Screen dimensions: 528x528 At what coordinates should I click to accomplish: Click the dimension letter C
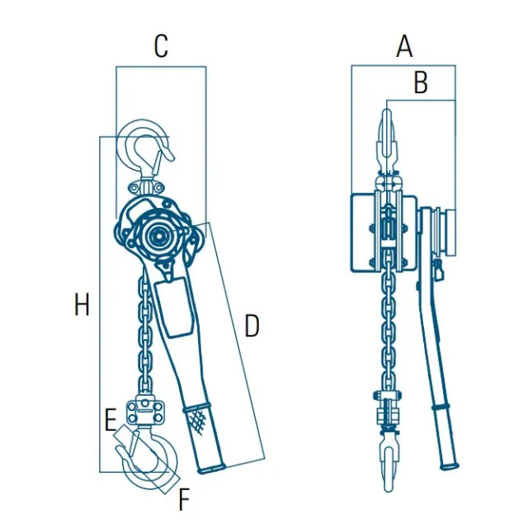161,46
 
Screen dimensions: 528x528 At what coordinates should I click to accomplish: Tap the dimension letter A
404,46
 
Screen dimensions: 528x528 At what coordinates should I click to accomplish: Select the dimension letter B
421,82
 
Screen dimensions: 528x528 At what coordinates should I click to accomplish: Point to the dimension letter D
252,326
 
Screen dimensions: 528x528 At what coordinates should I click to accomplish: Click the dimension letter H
82,304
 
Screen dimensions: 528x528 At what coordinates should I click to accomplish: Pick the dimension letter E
111,420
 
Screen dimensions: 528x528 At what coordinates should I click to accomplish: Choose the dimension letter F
184,498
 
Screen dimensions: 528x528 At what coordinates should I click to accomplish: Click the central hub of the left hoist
157,237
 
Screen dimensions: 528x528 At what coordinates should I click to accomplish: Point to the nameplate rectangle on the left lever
174,306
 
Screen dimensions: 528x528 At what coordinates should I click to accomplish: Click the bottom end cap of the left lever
211,469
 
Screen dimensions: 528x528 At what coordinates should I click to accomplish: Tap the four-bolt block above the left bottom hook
145,411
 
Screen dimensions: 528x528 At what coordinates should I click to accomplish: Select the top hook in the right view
389,141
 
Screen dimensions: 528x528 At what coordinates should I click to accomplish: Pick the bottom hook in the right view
389,464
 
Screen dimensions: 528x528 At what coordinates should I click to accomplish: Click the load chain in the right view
389,323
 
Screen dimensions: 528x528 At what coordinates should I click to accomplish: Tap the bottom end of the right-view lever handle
450,466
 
